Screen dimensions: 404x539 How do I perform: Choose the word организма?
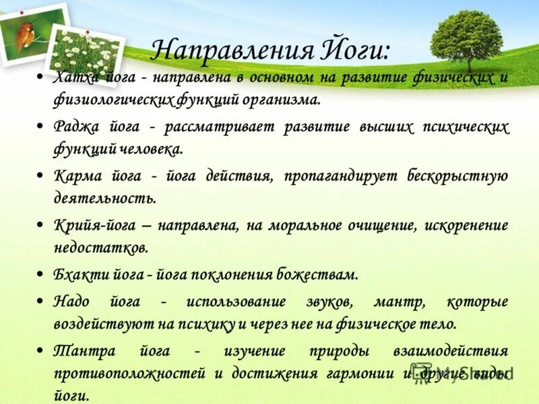pyautogui.click(x=281, y=100)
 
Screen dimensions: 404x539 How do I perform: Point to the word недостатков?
pyautogui.click(x=100, y=248)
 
